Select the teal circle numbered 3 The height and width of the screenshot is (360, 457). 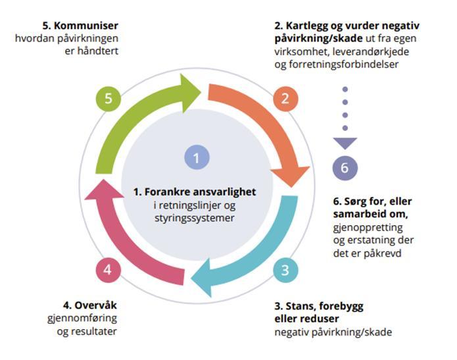pos(285,269)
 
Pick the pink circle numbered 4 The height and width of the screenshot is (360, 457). pos(108,269)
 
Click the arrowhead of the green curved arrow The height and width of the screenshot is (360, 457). pos(193,92)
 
